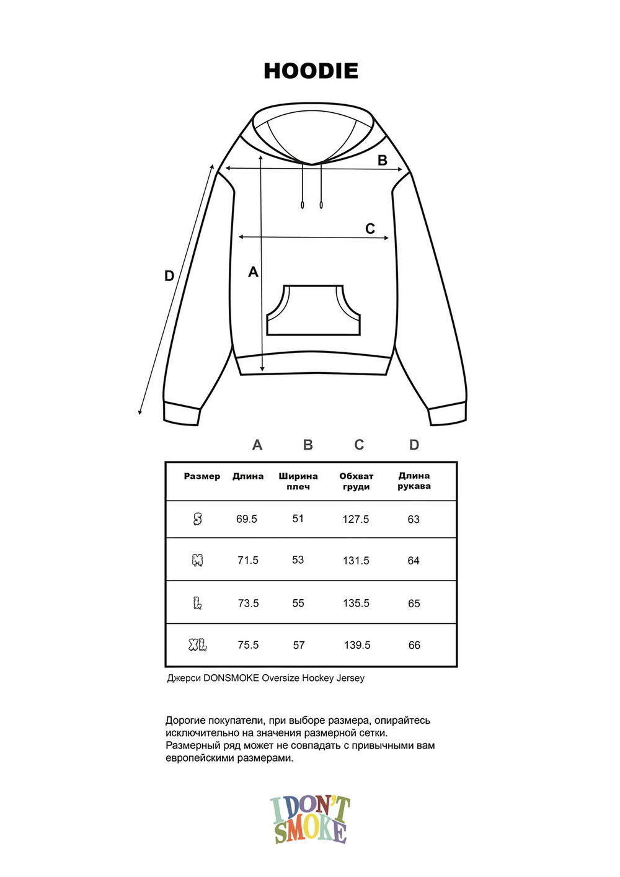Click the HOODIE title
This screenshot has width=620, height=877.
click(311, 71)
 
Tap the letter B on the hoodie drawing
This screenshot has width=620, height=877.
click(383, 161)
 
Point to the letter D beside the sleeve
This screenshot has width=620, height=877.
click(169, 276)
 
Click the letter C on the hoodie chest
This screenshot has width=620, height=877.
click(370, 229)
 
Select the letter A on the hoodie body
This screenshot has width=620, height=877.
click(253, 272)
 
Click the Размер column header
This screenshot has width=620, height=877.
click(202, 476)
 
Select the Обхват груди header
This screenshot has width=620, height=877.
click(356, 481)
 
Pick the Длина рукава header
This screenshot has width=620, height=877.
click(414, 481)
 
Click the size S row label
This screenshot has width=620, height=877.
click(198, 519)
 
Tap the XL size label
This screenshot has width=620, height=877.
click(198, 646)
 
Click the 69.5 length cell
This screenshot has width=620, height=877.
click(247, 519)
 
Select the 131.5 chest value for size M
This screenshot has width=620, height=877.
click(356, 561)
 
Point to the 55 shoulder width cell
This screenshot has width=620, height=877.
click(298, 603)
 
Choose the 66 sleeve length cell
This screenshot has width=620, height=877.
click(414, 646)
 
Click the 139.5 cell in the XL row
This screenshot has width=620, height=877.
click(357, 646)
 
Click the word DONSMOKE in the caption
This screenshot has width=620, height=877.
click(231, 678)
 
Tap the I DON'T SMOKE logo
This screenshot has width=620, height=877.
click(310, 820)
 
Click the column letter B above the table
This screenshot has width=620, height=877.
click(308, 445)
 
